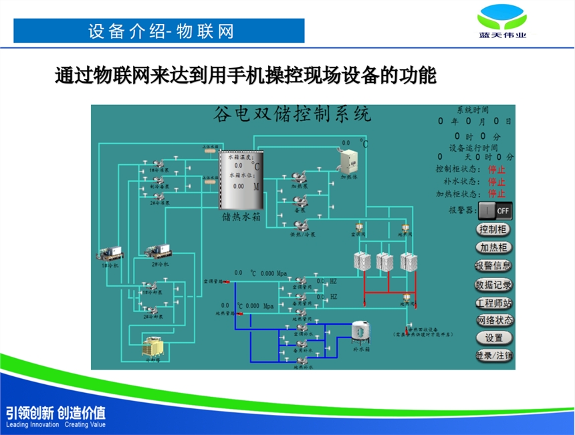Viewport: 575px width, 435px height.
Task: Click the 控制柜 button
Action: click(x=494, y=229)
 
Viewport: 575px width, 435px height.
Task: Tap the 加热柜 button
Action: click(x=494, y=247)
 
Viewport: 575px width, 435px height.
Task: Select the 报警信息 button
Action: click(x=494, y=265)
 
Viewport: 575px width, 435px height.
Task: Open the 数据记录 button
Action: click(x=494, y=284)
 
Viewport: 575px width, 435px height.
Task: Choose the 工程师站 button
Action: click(x=494, y=302)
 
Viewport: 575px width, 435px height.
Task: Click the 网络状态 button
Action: click(x=494, y=320)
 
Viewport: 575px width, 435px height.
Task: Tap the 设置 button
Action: click(x=494, y=338)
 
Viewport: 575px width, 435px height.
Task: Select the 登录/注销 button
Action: click(x=494, y=355)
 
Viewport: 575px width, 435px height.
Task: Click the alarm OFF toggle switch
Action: click(x=495, y=210)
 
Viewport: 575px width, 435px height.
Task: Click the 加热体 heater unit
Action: click(x=349, y=161)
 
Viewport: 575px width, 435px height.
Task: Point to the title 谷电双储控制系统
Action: click(x=292, y=115)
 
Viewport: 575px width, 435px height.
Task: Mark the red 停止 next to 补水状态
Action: click(x=496, y=181)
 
